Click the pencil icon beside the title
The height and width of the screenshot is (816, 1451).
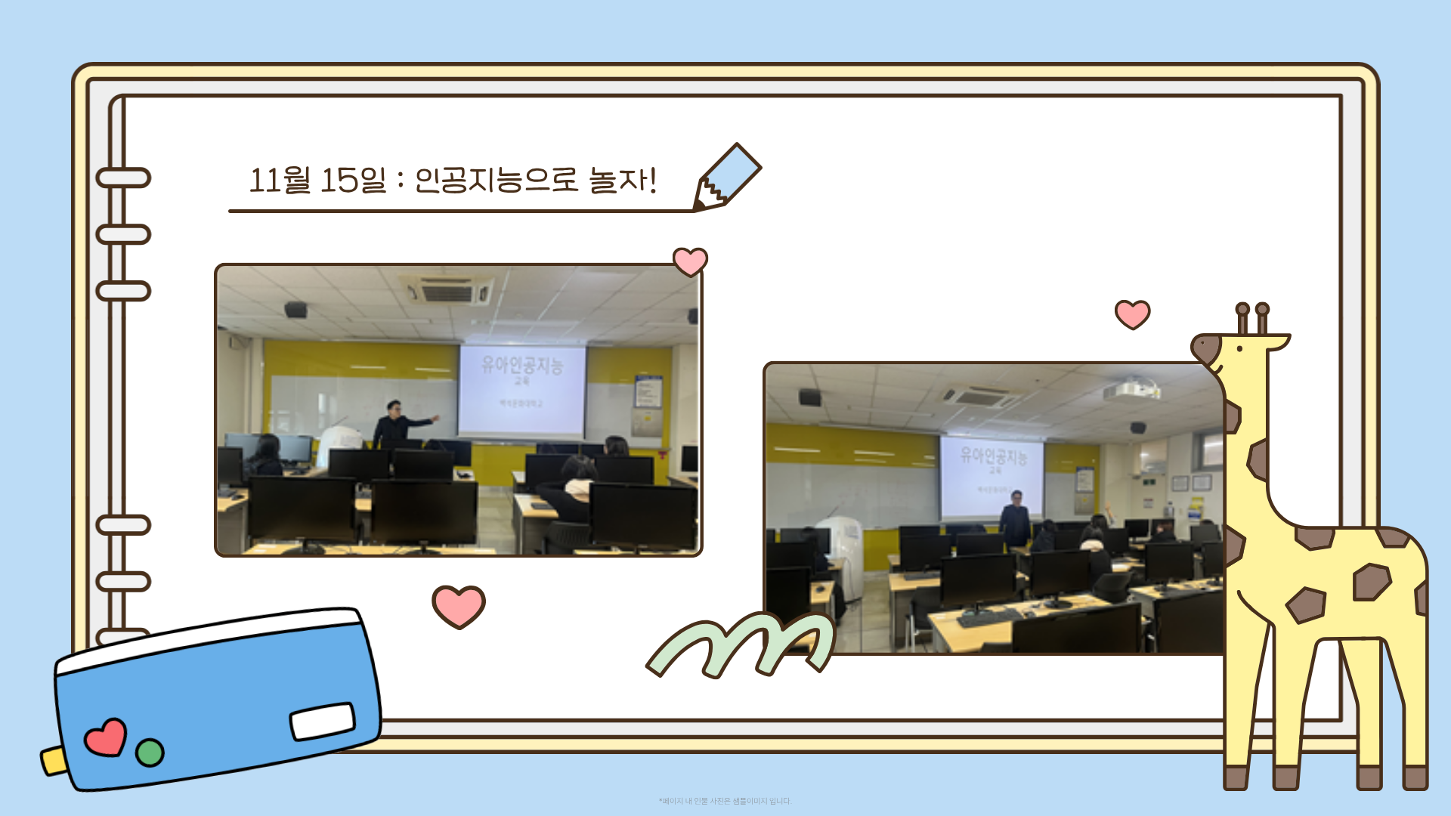(x=727, y=177)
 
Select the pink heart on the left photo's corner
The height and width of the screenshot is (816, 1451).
(x=690, y=261)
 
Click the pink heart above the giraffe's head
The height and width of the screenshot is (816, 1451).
(x=1132, y=314)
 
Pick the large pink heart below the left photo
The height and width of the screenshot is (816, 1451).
(x=458, y=606)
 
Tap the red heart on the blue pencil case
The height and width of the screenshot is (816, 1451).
(x=105, y=737)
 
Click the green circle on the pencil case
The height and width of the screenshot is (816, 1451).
(x=150, y=752)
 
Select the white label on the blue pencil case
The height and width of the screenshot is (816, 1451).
(x=323, y=721)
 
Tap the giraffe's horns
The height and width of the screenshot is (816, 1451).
(x=1252, y=318)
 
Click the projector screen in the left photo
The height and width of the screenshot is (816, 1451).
(x=521, y=390)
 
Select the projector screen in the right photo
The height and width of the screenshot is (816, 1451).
(x=992, y=474)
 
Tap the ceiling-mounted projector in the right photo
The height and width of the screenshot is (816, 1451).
(x=1131, y=390)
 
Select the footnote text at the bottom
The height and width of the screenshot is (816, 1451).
(x=725, y=801)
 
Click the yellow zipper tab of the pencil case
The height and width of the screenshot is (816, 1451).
(x=53, y=760)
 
